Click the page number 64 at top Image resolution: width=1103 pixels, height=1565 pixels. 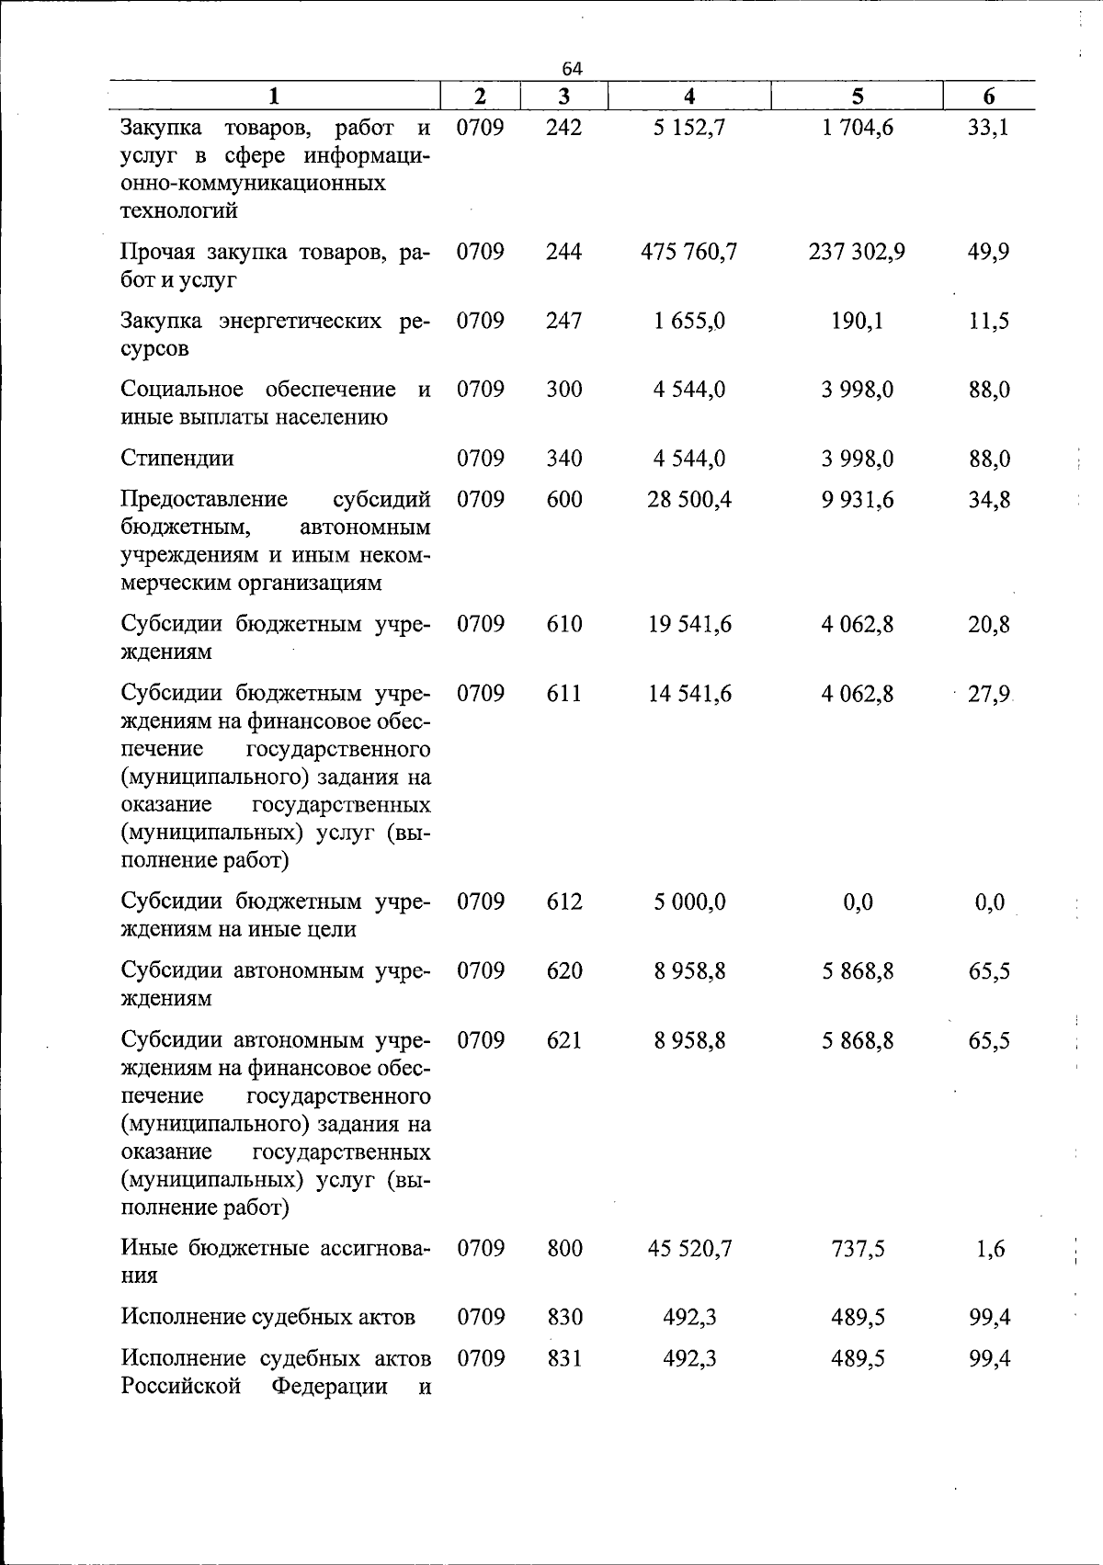click(572, 69)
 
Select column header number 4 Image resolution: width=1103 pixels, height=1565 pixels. click(689, 96)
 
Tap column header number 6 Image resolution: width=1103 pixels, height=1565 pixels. click(989, 96)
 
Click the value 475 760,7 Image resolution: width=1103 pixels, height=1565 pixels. click(689, 252)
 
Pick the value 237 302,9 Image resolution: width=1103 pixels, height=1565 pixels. click(857, 252)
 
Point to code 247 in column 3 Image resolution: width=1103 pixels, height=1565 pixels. click(563, 321)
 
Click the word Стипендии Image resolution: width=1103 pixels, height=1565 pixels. click(177, 458)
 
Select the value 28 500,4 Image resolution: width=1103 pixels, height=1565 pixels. click(689, 499)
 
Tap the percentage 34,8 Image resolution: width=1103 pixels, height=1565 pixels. click(989, 499)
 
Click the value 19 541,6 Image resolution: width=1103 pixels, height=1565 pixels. click(689, 624)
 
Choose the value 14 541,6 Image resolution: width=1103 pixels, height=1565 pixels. click(689, 693)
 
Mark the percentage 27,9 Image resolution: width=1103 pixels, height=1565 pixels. click(989, 693)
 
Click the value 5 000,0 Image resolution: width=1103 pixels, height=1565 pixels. click(689, 902)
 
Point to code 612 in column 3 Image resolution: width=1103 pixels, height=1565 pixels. click(563, 902)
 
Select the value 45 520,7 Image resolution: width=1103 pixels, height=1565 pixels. click(689, 1248)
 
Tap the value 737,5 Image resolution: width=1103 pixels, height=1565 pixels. click(857, 1248)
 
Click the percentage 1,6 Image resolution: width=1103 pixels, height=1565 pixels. click(990, 1248)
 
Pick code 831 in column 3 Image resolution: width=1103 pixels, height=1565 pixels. click(563, 1358)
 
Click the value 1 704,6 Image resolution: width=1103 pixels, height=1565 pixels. click(857, 127)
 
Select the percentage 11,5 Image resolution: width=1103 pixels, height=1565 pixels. click(989, 321)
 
